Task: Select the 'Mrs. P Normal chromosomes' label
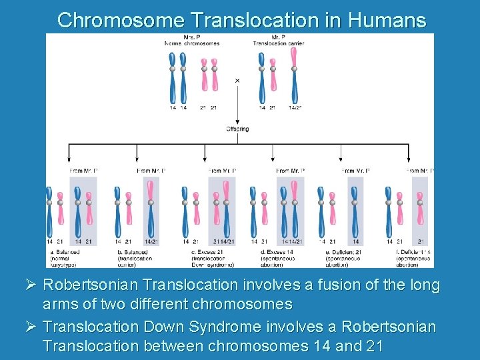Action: (x=192, y=40)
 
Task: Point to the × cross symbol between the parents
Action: (x=237, y=81)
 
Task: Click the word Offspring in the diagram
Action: (x=237, y=129)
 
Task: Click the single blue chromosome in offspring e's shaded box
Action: (x=355, y=210)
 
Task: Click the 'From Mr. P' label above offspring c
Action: (x=223, y=171)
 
